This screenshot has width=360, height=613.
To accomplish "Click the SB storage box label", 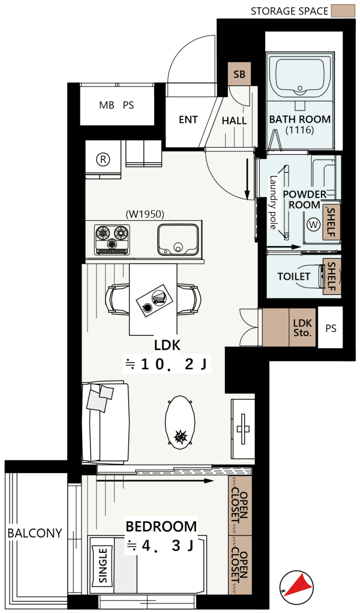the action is click(239, 74).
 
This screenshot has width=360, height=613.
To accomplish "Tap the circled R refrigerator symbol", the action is click(103, 159).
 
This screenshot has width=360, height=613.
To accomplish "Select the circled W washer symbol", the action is click(313, 225).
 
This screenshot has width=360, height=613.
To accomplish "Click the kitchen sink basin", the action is click(178, 240).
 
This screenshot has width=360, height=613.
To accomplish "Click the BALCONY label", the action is click(35, 533).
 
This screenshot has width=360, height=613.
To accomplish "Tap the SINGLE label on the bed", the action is click(103, 566).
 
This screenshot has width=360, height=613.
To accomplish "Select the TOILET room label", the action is click(293, 276).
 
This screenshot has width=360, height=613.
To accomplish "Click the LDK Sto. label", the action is click(302, 328).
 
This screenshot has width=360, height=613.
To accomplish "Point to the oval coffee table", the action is click(180, 423).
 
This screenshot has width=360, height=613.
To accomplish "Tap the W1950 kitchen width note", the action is click(145, 214).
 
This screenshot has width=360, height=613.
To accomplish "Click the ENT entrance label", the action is click(188, 119).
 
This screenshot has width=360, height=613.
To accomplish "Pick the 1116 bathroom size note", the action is click(300, 130).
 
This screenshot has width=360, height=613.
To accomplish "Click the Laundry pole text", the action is click(273, 202).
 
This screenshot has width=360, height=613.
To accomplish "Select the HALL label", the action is click(234, 121).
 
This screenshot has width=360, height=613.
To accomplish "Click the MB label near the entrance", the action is click(107, 105).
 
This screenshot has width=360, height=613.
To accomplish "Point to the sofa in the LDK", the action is click(105, 423).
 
